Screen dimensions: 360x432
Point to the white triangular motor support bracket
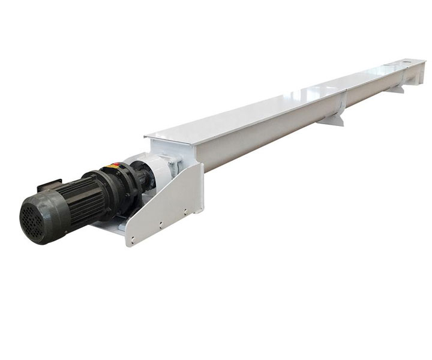(174, 198)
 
